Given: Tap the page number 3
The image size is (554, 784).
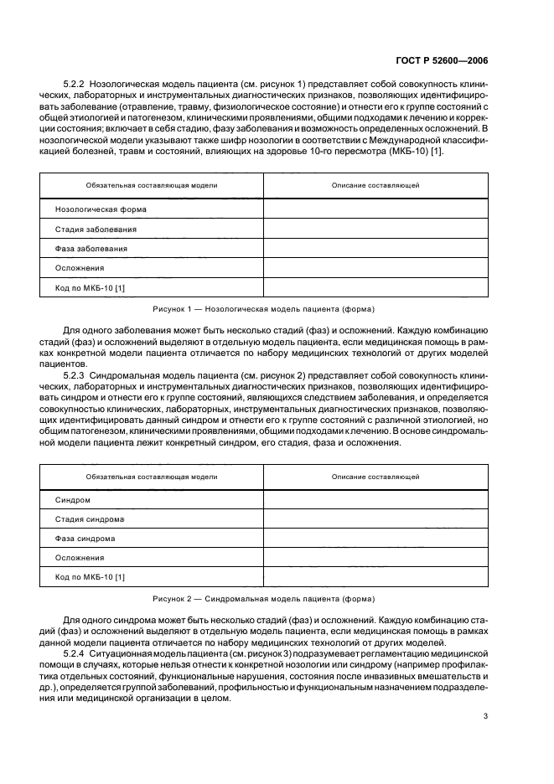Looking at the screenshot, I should coord(485,716).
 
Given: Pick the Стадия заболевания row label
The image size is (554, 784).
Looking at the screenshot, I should coord(96,229).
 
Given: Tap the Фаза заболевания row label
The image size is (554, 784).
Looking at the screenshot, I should coord(91,249).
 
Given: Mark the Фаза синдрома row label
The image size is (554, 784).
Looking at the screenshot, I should coord(85,539).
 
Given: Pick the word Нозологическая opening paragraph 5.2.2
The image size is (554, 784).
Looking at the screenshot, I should coord(130,85).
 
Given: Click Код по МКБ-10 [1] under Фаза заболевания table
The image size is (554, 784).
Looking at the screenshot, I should coord(90,288).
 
